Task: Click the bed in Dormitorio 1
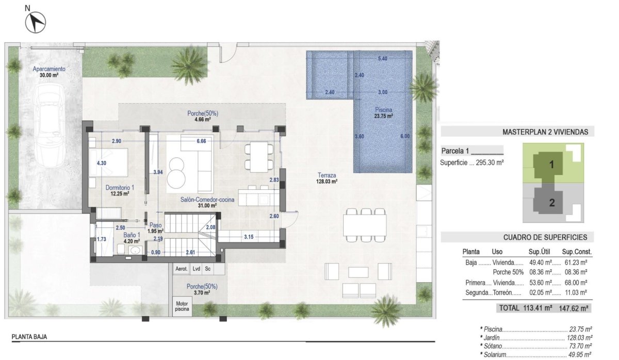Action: [x=109, y=163]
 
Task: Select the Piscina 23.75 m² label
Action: [x=384, y=113]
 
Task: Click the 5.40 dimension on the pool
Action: [x=382, y=59]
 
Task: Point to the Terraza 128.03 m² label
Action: [x=327, y=178]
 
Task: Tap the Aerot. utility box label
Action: [x=181, y=269]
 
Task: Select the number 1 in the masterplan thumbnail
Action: [x=551, y=166]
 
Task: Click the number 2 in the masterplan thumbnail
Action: [x=551, y=203]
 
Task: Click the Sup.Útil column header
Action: [x=541, y=252]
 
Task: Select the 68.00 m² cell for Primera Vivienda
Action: [x=576, y=283]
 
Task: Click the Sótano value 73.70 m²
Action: [x=580, y=346]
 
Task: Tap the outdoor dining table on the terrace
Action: [x=365, y=224]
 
